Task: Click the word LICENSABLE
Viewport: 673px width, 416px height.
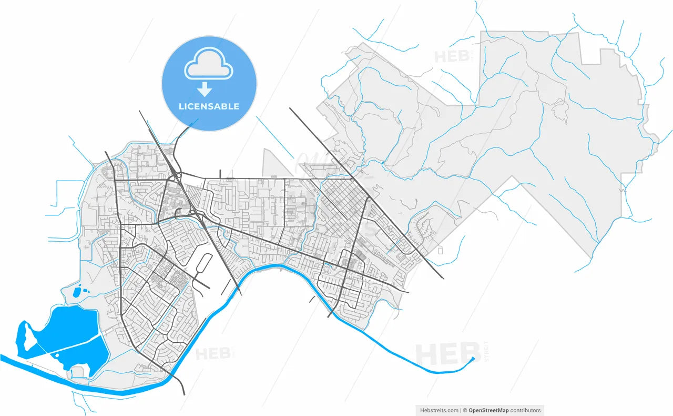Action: coord(209,106)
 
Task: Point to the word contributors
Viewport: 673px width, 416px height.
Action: coord(525,410)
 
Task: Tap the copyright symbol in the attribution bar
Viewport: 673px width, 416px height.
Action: coord(464,410)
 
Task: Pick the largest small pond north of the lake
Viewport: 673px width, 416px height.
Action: coord(78,290)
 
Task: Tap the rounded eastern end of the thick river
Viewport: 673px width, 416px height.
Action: coord(473,359)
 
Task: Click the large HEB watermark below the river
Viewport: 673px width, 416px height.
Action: coord(447,353)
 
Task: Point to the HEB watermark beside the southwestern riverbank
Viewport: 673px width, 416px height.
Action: coord(213,353)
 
